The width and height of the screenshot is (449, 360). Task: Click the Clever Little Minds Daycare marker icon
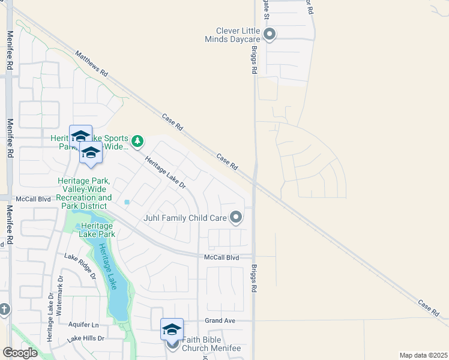point(270,34)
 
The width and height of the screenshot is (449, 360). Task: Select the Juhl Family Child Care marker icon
point(237,217)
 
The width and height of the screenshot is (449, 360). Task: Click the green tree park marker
point(138,142)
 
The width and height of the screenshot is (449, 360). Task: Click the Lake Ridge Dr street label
point(81,265)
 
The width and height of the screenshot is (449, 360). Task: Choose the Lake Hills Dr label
point(85,338)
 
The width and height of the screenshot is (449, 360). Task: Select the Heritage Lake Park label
point(98,230)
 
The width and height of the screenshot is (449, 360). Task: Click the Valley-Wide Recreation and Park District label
point(85,193)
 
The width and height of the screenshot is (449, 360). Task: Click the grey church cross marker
point(4,310)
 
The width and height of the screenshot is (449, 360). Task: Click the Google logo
point(20,353)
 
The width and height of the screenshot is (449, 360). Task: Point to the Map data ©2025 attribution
point(423,355)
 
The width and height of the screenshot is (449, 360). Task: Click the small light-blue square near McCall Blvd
point(127,202)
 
